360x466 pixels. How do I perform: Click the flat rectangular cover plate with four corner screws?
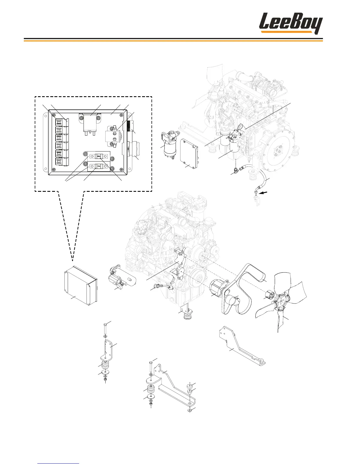[x=189, y=154]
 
